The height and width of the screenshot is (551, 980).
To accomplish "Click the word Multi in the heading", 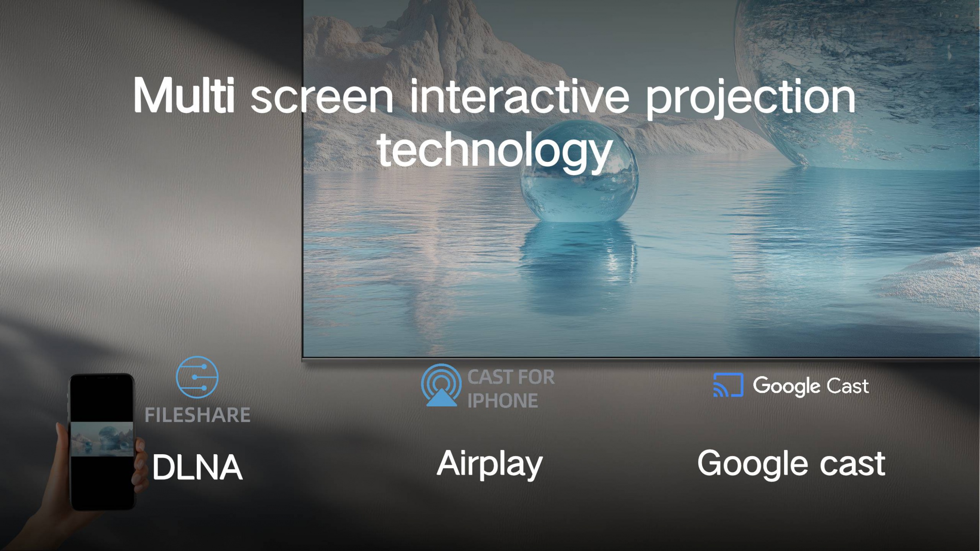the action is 184,95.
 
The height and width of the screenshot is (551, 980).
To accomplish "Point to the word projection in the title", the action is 750,98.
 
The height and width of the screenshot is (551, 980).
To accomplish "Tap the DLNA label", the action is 197,467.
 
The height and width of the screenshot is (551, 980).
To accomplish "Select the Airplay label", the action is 490,464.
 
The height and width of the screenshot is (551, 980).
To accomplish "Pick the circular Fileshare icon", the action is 197,377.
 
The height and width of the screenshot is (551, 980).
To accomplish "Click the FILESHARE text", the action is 198,415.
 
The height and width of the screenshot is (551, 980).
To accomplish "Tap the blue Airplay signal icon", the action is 441,385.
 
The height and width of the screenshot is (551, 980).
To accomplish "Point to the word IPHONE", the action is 503,401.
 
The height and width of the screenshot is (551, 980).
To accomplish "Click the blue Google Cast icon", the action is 728,385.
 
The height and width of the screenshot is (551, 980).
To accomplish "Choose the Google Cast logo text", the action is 811,386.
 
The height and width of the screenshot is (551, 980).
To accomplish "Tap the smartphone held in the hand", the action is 102,442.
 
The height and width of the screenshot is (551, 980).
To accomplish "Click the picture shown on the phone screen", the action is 102,439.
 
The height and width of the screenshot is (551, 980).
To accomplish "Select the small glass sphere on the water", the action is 579,171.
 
